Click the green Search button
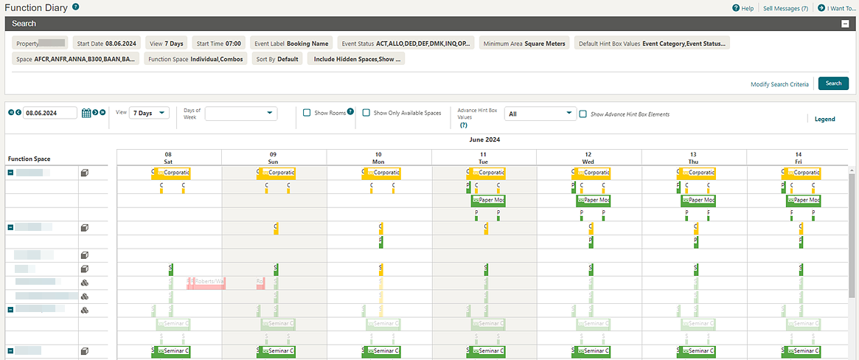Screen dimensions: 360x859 point(833,83)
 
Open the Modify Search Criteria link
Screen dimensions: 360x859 point(779,84)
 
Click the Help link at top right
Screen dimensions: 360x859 point(743,8)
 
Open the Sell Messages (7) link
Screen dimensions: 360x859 point(785,8)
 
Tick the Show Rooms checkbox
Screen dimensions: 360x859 point(307,113)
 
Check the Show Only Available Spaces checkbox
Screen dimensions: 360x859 point(366,113)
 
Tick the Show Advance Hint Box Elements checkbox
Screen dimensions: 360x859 point(583,114)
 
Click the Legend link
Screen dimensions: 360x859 point(824,119)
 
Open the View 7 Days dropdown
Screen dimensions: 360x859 point(149,113)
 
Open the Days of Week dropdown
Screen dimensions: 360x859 point(241,113)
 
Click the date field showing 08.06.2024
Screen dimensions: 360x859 point(50,113)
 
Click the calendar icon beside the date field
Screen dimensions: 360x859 point(86,113)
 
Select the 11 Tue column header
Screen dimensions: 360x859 point(484,157)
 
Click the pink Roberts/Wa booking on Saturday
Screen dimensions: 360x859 point(206,282)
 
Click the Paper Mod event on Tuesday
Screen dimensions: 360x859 point(488,200)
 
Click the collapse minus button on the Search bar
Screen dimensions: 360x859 point(846,24)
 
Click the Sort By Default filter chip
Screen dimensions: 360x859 point(277,59)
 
